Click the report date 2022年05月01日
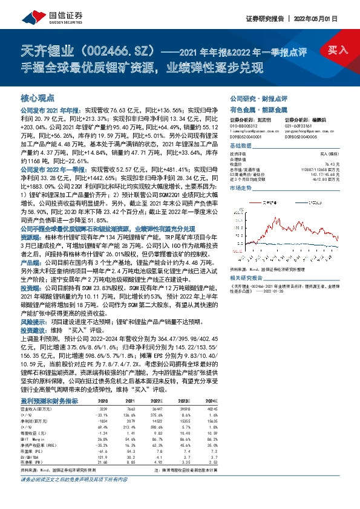coord(324,18)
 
